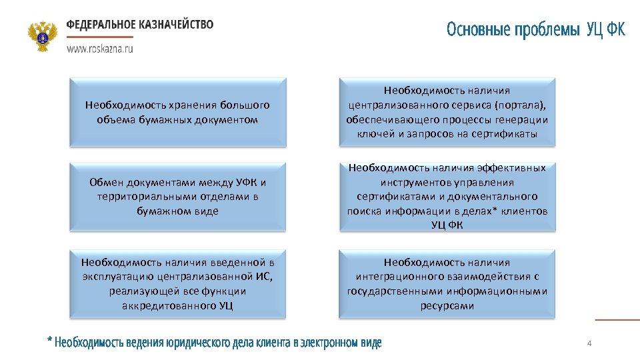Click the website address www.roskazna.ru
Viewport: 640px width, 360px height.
(99, 49)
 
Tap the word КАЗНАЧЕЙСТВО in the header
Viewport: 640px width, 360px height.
(177, 25)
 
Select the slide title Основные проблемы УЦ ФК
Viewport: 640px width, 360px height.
(535, 30)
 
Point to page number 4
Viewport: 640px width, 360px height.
(589, 343)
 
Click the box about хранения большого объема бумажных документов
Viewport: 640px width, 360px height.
(178, 113)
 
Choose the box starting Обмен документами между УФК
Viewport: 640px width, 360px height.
(178, 197)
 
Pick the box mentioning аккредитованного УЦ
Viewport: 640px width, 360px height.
(178, 283)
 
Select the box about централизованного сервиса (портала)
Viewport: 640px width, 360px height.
(447, 113)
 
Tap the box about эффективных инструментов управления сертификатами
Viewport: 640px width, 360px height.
(447, 197)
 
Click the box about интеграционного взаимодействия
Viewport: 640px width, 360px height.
(447, 283)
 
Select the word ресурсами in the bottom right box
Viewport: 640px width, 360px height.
(447, 306)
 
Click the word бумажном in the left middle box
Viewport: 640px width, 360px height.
(157, 211)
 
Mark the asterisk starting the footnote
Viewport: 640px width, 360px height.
(49, 341)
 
